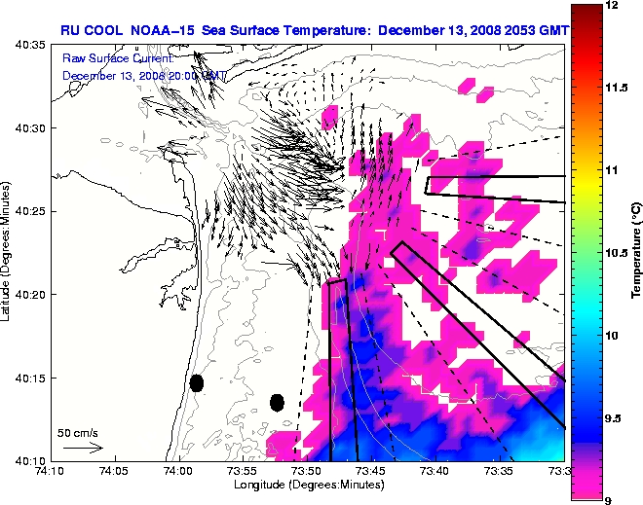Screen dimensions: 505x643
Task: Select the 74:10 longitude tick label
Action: click(50, 470)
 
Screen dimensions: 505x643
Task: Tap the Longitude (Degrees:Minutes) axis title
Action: click(307, 484)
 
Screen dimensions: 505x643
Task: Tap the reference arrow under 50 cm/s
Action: click(83, 448)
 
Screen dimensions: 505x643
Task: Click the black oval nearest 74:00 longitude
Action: click(197, 383)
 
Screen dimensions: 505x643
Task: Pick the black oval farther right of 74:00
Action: click(277, 402)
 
